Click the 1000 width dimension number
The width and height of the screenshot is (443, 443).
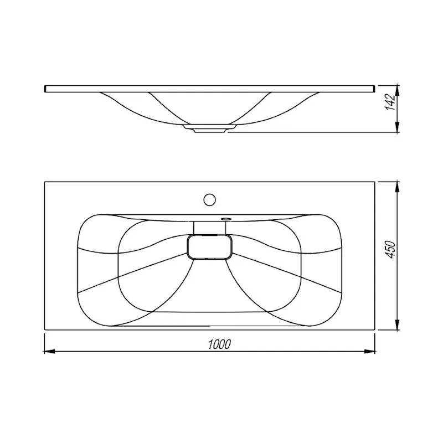pyautogui.click(x=219, y=344)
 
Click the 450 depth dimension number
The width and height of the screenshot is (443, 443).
pyautogui.click(x=391, y=249)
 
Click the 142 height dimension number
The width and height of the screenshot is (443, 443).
pyautogui.click(x=390, y=102)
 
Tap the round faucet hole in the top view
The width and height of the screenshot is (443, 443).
pyautogui.click(x=210, y=200)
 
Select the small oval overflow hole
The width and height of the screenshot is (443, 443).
pyautogui.click(x=226, y=218)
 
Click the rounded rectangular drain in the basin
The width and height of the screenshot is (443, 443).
pyautogui.click(x=210, y=247)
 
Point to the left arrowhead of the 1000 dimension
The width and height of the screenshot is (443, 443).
pyautogui.click(x=49, y=352)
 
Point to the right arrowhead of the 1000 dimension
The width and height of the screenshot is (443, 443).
pyautogui.click(x=369, y=352)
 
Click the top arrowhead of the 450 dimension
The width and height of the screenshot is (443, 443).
pyautogui.click(x=397, y=187)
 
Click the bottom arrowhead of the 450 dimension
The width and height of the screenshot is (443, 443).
pyautogui.click(x=397, y=324)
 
